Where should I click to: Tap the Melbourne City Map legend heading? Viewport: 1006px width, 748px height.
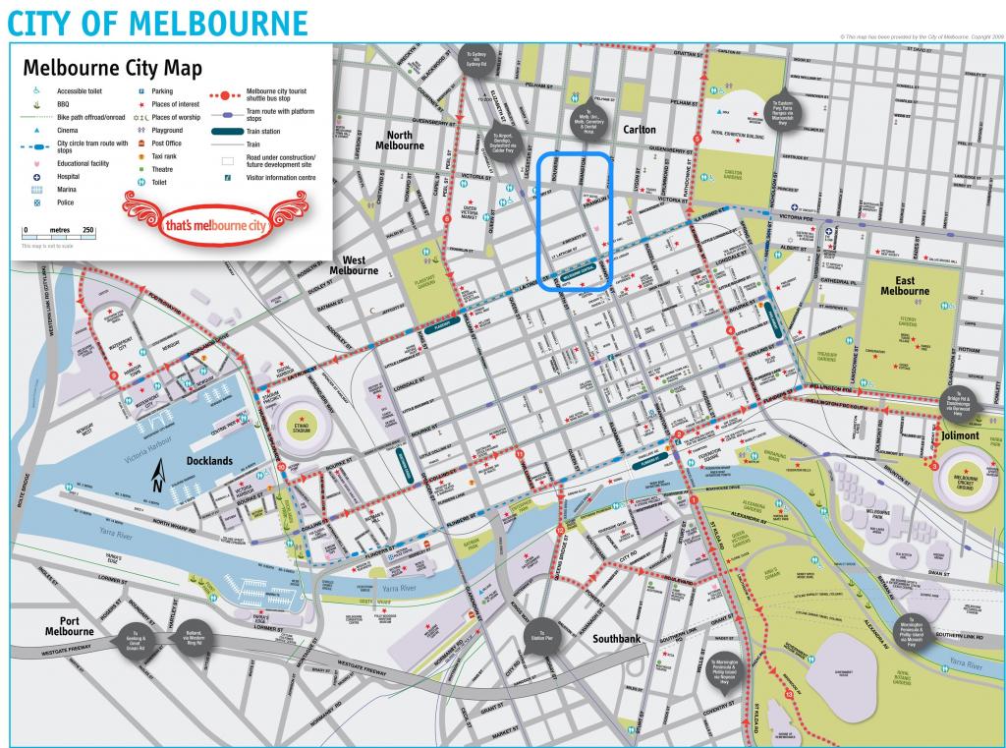coord(112,69)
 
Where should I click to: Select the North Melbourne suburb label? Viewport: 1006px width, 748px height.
coord(399,140)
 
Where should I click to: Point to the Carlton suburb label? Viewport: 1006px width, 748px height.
coord(639,129)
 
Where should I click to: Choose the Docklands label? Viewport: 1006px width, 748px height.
coord(210,461)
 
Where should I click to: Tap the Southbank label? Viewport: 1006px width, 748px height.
coord(616,639)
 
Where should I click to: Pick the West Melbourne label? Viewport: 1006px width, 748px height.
coord(353,264)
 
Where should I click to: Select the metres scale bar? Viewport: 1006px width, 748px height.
coord(59,236)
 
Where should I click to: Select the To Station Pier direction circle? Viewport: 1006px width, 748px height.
coord(539,634)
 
